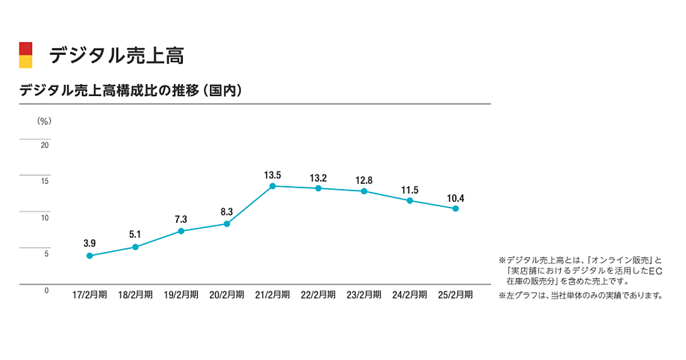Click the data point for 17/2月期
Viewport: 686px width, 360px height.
pyautogui.click(x=90, y=255)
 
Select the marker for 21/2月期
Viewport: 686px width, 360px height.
pyautogui.click(x=273, y=186)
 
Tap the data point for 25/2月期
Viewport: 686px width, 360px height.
pyautogui.click(x=456, y=209)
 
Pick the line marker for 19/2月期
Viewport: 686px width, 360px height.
pyautogui.click(x=181, y=231)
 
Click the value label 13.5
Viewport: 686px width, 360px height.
pyautogui.click(x=273, y=175)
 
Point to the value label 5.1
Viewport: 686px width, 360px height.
pyautogui.click(x=135, y=234)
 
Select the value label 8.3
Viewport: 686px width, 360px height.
pyautogui.click(x=227, y=212)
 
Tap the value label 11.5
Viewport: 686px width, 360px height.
pyautogui.click(x=410, y=189)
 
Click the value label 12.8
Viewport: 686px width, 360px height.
pyautogui.click(x=364, y=180)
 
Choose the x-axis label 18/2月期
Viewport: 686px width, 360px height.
pyautogui.click(x=135, y=295)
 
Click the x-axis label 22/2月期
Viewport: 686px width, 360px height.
pyautogui.click(x=318, y=295)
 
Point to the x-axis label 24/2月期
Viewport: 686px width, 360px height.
pyautogui.click(x=410, y=295)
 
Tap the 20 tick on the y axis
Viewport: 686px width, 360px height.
pyautogui.click(x=45, y=145)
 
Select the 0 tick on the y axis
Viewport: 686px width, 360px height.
pyautogui.click(x=46, y=290)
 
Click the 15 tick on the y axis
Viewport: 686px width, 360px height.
pyautogui.click(x=45, y=182)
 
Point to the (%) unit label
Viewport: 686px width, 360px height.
pyautogui.click(x=44, y=121)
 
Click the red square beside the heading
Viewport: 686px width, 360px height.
pyautogui.click(x=26, y=48)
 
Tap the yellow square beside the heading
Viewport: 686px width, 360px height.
pyautogui.click(x=26, y=62)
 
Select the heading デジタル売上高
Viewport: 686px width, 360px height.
pyautogui.click(x=116, y=55)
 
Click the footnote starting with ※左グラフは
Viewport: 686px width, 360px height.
pyautogui.click(x=580, y=295)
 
